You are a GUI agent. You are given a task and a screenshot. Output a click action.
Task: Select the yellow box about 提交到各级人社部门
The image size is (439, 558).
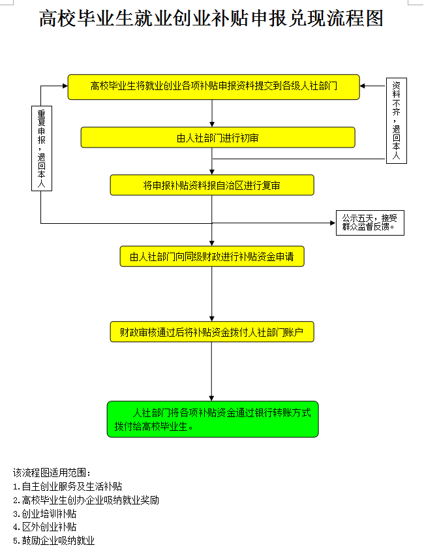[x=213, y=87]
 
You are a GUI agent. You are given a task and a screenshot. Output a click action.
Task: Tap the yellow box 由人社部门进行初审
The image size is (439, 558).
[x=218, y=138]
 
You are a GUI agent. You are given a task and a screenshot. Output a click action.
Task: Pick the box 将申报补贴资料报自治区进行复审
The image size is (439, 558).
[x=212, y=185]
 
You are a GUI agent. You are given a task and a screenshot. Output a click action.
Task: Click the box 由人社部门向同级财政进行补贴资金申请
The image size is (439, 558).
[x=212, y=256]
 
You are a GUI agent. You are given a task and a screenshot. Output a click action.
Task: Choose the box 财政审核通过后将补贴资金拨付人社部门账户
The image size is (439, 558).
[x=212, y=332]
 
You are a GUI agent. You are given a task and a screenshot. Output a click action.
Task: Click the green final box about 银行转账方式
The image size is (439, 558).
[x=213, y=419]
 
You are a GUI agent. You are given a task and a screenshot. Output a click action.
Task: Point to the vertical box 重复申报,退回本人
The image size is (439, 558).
[x=42, y=149]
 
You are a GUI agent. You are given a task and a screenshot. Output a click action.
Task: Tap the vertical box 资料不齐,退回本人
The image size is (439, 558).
[x=396, y=121]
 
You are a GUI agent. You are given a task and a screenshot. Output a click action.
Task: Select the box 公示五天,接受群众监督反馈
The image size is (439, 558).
[x=369, y=223]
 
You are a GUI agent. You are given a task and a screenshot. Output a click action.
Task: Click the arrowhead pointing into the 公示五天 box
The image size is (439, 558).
[x=331, y=223]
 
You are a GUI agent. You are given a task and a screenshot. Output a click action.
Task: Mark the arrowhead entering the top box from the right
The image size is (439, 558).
[x=363, y=86]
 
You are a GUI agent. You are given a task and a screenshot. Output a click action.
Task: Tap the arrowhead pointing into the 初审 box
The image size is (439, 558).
[x=212, y=123]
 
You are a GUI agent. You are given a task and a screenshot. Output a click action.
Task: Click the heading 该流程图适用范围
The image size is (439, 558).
[x=52, y=473]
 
